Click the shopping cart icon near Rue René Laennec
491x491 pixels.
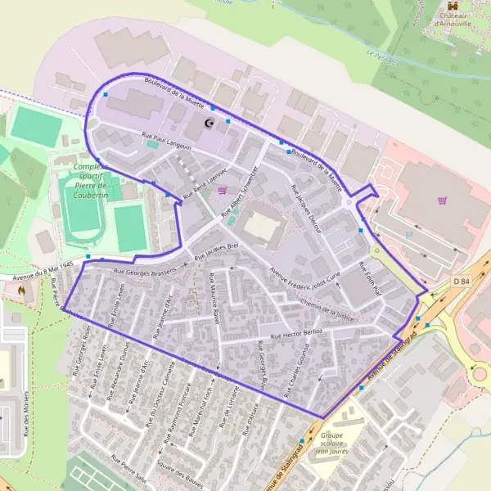(223, 191)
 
